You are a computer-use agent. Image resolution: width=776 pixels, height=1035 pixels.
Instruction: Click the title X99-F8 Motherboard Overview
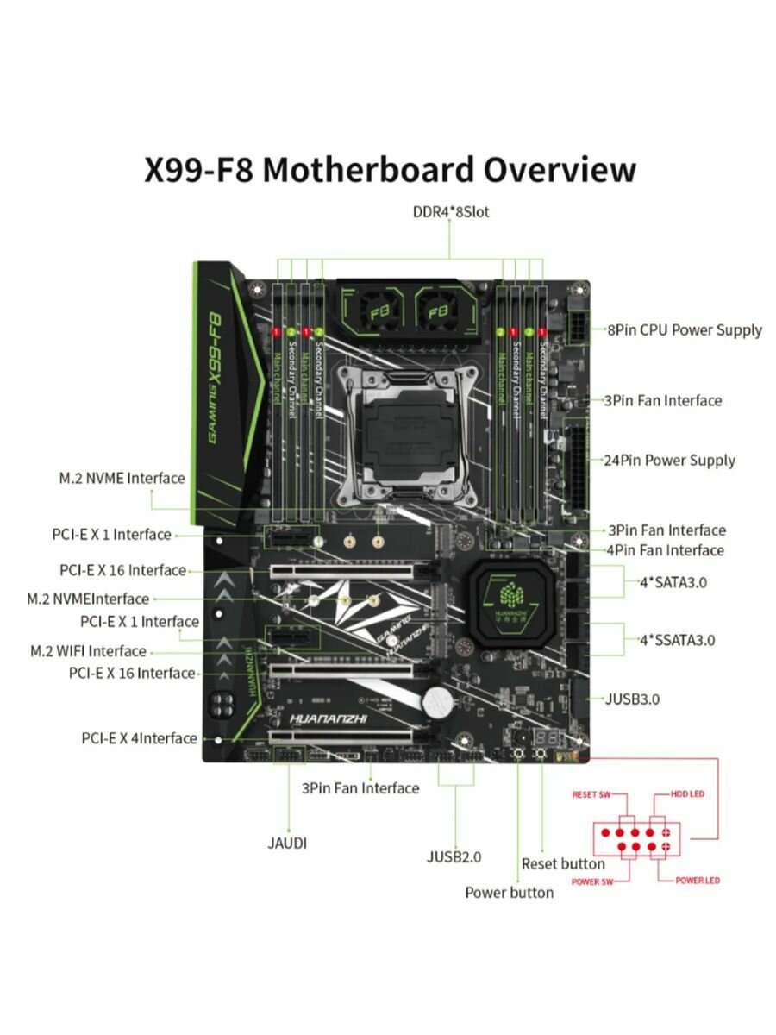tap(389, 169)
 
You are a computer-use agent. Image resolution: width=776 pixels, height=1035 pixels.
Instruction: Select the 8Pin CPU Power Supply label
tap(685, 329)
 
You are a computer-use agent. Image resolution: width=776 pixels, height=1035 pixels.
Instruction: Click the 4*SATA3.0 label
tap(673, 582)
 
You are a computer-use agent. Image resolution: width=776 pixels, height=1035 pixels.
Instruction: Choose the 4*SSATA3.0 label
tap(676, 640)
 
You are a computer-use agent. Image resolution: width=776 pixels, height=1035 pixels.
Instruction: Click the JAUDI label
tap(286, 843)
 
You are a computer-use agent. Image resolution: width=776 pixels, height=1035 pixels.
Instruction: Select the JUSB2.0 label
tap(454, 856)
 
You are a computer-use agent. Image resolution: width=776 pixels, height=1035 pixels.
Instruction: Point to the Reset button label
tap(563, 863)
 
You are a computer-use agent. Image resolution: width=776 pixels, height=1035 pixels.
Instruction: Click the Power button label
tap(509, 892)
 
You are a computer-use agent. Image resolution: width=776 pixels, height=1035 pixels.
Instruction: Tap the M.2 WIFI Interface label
tap(89, 651)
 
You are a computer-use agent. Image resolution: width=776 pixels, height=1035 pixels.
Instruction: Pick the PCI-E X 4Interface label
tap(140, 738)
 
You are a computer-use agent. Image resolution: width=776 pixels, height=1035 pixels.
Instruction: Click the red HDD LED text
tap(687, 793)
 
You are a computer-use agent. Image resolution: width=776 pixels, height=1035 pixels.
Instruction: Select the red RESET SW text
tap(591, 794)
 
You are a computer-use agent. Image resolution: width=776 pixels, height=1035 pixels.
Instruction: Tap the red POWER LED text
tap(697, 881)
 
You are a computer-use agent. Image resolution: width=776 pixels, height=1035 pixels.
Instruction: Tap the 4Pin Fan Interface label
tap(665, 550)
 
